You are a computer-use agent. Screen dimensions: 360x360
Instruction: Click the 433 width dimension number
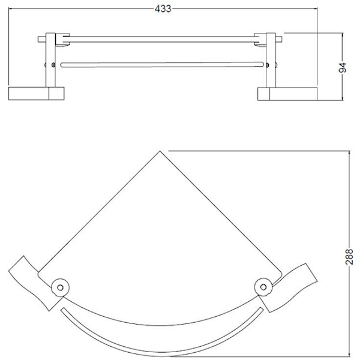click(163, 9)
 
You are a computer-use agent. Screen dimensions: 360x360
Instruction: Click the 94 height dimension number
click(343, 67)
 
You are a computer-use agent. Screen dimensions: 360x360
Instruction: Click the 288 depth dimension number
click(349, 256)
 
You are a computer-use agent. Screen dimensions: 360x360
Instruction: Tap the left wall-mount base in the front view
click(36, 93)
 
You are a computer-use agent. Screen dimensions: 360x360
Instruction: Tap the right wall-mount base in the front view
click(287, 94)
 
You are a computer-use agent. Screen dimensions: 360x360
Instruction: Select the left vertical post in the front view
click(50, 59)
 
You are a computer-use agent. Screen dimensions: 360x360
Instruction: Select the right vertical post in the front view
click(271, 60)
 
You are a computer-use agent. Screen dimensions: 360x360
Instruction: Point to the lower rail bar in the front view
click(162, 65)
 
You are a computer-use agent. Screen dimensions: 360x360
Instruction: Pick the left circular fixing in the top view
click(61, 287)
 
